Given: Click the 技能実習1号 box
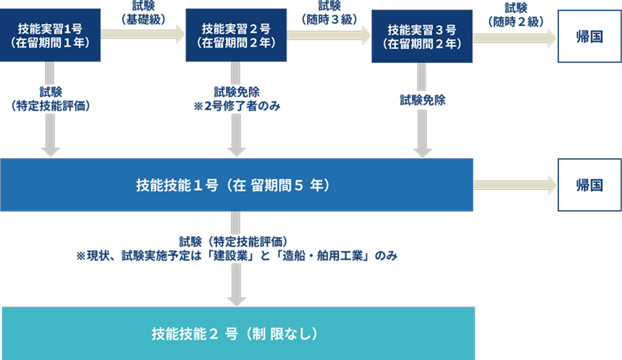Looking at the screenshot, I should pos(50,36).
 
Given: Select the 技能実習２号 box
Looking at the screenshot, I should pos(236,36).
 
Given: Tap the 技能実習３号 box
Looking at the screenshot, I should pos(421,37).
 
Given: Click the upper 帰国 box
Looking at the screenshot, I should pos(589,37).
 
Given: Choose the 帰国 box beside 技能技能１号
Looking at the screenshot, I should pos(589,185).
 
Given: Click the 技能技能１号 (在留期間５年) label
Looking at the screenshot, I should pos(236,185).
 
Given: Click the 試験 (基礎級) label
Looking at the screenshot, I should pos(143,13).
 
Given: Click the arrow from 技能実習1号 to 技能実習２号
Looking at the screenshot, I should pos(143,34).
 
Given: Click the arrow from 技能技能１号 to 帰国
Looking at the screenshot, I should pos(515,185).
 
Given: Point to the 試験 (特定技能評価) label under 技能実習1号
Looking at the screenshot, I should pos(50,99).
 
